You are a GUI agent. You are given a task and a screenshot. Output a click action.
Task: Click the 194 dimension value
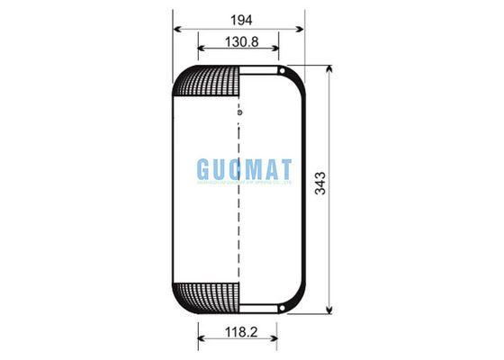[238, 18]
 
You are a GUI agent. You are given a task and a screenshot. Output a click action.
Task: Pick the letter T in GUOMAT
[286, 168]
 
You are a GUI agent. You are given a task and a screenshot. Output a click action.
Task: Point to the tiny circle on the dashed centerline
[238, 112]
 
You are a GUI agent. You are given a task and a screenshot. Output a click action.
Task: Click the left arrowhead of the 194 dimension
[175, 29]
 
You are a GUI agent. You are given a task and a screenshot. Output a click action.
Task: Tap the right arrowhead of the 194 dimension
[303, 29]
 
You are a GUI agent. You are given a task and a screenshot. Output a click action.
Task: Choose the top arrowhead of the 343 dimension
[333, 69]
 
